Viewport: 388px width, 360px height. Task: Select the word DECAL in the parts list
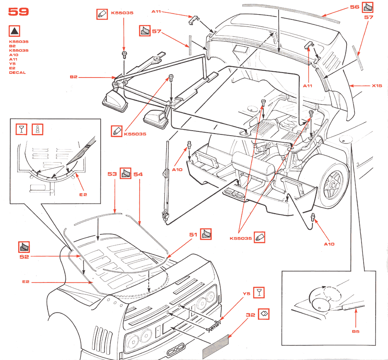[x=17, y=73]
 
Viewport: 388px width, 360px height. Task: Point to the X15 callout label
[x=376, y=86]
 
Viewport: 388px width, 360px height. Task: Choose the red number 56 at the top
[x=354, y=7]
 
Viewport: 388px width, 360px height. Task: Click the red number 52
[x=24, y=257]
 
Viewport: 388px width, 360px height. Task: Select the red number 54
[x=138, y=175]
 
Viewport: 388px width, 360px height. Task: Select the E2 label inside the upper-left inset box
[x=83, y=194]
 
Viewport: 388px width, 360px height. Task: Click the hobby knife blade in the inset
[x=82, y=151]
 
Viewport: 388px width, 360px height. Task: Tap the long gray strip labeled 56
[x=290, y=13]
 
